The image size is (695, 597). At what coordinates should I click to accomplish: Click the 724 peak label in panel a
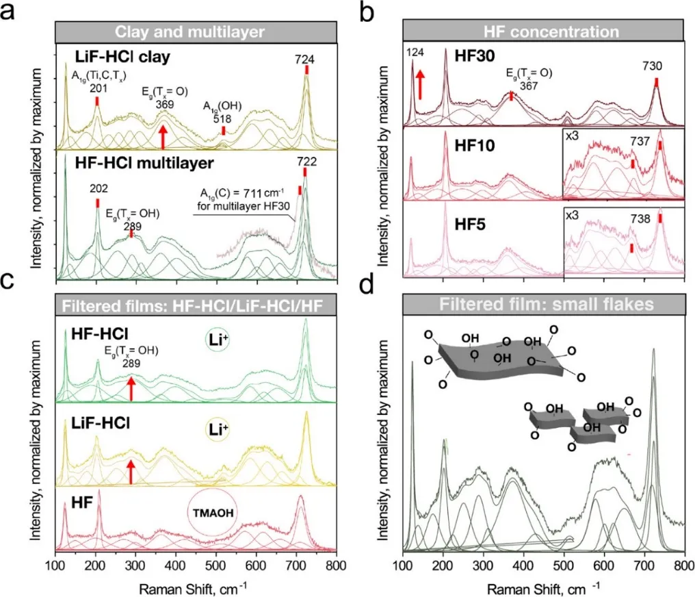point(306,60)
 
